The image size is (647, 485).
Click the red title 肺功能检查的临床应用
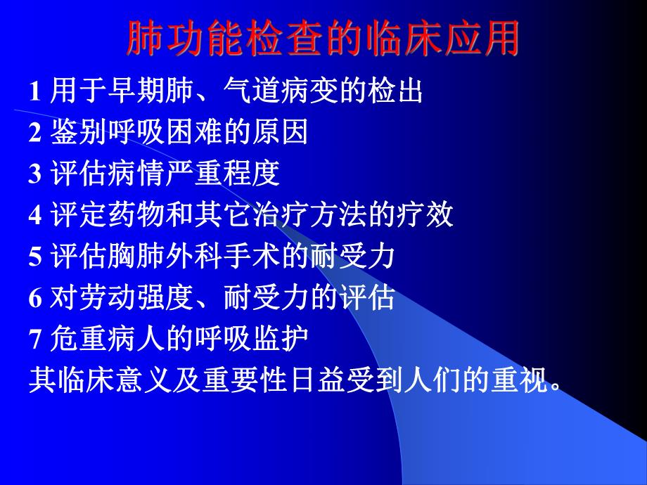pyautogui.click(x=323, y=39)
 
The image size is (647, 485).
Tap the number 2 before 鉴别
pyautogui.click(x=34, y=134)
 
